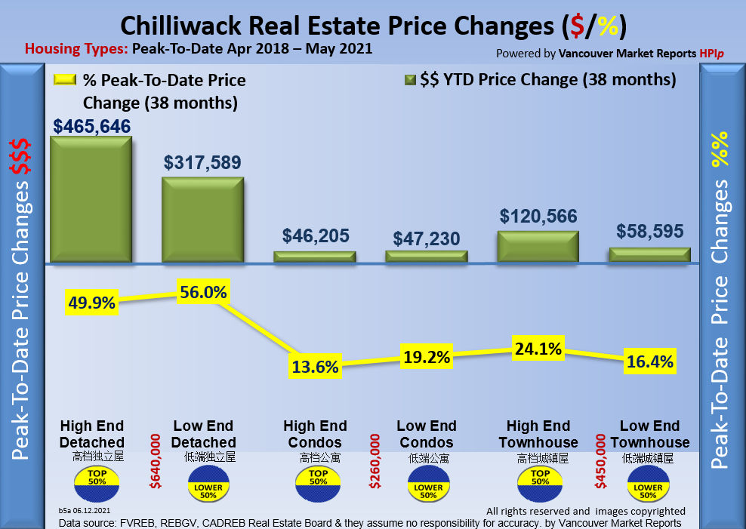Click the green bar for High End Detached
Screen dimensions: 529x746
(x=91, y=200)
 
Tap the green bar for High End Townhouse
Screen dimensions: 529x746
(x=538, y=246)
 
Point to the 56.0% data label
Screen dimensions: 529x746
(x=203, y=291)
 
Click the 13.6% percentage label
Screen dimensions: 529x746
(x=315, y=367)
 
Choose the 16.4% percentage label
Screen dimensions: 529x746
(x=649, y=362)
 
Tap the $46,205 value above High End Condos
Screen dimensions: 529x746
(x=316, y=235)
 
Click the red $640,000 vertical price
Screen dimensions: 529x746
(x=156, y=460)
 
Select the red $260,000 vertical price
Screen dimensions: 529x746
(x=374, y=460)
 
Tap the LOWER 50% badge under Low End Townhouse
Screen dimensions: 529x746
(x=648, y=486)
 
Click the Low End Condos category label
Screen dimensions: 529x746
(x=427, y=434)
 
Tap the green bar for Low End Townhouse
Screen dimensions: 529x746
(x=649, y=255)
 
